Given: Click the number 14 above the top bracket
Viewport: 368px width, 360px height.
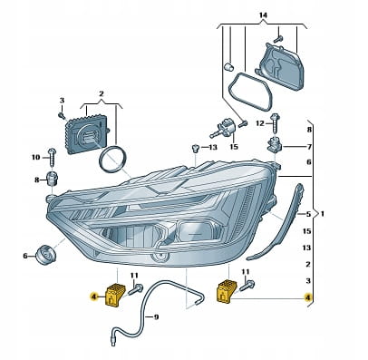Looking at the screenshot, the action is coord(263,15).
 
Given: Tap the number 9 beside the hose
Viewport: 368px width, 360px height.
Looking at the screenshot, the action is coord(156,317).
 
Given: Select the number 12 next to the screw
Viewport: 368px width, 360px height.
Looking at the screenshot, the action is coord(260,123).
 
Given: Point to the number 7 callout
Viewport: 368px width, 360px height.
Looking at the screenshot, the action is coord(309,147).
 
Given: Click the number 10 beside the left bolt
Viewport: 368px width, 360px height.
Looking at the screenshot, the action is coord(35,157).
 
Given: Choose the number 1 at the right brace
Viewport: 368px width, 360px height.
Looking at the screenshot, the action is coord(323,214).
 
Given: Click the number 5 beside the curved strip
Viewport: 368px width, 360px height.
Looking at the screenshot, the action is coord(308,214).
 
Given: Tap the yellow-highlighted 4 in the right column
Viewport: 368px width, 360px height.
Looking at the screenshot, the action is coord(308,297).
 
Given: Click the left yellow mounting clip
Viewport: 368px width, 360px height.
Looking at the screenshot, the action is coord(115,295).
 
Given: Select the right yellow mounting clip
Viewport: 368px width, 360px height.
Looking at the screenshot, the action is coord(227,291).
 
